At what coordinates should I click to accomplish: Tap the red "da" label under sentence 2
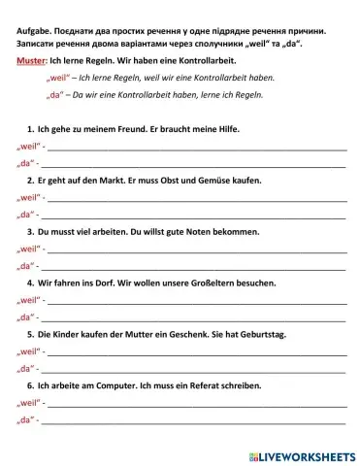coord(26,214)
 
